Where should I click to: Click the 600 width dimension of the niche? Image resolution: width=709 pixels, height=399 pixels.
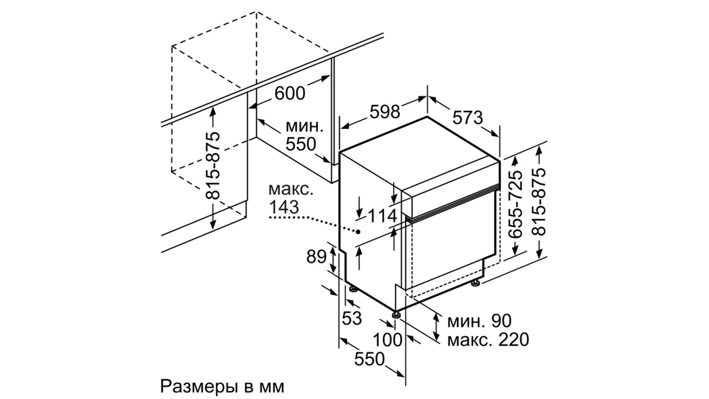[x=290, y=93]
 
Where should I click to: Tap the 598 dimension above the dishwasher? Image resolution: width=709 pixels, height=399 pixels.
[x=385, y=112]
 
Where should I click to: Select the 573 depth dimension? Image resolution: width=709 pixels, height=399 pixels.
[x=467, y=117]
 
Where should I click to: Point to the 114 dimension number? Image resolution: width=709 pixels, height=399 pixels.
[x=382, y=216]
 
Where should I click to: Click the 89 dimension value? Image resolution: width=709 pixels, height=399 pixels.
[x=316, y=257]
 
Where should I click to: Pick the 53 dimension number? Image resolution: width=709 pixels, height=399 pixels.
[x=352, y=318]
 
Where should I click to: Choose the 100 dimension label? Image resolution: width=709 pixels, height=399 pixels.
[x=387, y=340]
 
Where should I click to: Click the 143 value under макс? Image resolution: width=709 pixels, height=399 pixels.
[x=284, y=207]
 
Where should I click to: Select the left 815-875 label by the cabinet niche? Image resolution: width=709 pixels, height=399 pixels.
[x=212, y=165]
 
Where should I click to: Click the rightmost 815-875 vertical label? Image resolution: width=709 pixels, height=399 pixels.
[x=539, y=202]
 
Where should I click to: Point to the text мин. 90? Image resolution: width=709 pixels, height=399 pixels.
[x=479, y=321]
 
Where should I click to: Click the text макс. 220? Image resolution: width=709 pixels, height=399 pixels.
[x=488, y=340]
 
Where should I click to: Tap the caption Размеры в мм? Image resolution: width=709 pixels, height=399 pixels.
[x=222, y=386]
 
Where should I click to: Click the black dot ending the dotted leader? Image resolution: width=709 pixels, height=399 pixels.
[x=358, y=232]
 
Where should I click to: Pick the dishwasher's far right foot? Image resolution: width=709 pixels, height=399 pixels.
[x=475, y=283]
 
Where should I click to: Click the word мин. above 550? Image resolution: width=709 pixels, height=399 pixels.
[x=304, y=127]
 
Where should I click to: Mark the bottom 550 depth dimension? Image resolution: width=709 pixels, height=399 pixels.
[x=370, y=359]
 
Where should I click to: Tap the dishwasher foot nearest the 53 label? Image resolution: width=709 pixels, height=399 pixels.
[x=353, y=289]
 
